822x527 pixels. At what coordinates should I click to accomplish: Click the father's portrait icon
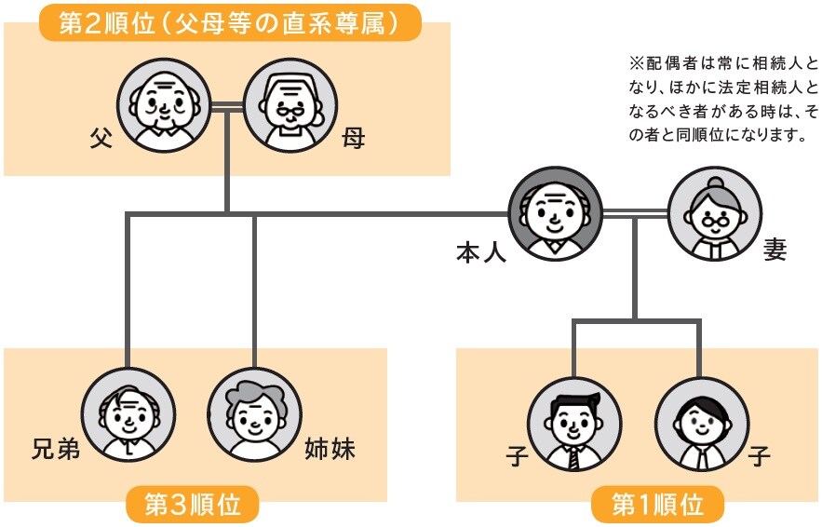click(159, 106)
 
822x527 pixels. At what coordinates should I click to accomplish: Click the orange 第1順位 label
click(657, 506)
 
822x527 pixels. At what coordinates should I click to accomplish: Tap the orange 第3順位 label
click(192, 506)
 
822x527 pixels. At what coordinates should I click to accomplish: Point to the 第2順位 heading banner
click(229, 24)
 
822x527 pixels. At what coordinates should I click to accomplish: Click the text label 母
click(352, 139)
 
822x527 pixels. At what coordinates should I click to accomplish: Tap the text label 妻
click(775, 251)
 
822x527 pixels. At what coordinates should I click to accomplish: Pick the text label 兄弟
click(53, 451)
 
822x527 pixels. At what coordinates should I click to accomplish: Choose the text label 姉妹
click(330, 451)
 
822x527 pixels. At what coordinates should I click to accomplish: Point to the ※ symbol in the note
click(637, 65)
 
